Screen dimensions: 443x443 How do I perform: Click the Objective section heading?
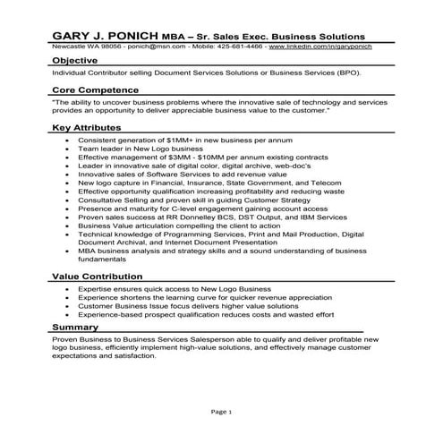(x=75, y=61)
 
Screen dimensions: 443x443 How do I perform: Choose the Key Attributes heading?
(x=87, y=128)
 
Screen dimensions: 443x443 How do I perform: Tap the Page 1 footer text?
(x=221, y=412)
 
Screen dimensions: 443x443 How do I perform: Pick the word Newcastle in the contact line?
(x=68, y=45)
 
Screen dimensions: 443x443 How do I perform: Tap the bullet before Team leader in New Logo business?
(x=69, y=149)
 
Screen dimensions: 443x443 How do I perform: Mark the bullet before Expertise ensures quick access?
(x=69, y=291)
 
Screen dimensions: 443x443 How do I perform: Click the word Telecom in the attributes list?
(x=323, y=181)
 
